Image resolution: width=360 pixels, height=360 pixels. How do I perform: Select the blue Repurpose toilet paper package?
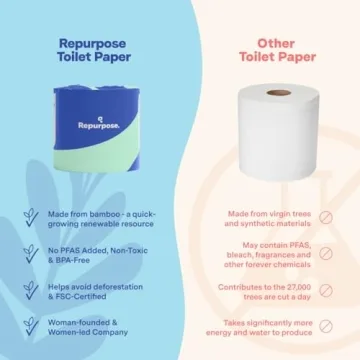[91, 125]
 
